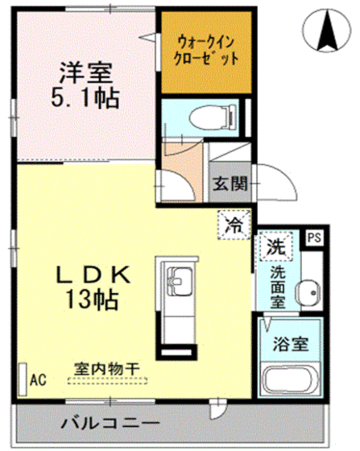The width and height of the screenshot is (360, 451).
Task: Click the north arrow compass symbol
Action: pos(327,30)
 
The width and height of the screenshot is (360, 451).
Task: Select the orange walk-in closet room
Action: pos(206,52)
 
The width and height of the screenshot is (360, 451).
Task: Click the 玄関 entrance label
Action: pos(230,184)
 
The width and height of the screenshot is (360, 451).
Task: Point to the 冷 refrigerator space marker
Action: pos(234,225)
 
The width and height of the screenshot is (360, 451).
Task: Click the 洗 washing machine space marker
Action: pos(275,246)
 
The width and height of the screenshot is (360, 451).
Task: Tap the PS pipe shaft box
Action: pos(314,238)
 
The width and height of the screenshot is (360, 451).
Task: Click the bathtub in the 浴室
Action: pos(291,379)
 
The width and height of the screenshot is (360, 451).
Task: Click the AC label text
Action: pos(38,380)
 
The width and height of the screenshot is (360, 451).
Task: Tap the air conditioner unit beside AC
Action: pos(22,379)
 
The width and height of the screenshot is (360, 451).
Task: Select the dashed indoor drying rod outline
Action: pos(108,380)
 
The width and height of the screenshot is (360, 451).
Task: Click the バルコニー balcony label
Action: pos(110,423)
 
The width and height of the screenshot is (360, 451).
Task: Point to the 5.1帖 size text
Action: pos(85,98)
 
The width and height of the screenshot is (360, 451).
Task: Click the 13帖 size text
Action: pos(92,300)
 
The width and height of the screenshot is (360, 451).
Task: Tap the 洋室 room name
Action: pos(85,72)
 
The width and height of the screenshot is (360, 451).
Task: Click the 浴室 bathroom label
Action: pos(291,344)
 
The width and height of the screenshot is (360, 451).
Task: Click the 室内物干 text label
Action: pos(107,369)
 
